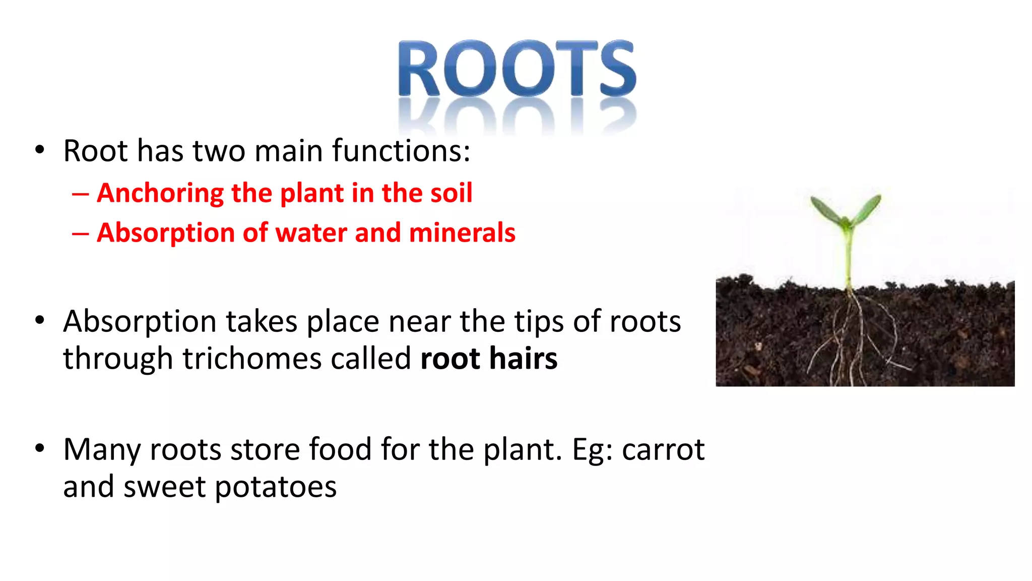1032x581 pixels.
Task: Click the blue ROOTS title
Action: [517, 69]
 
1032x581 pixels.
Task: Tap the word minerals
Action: [462, 233]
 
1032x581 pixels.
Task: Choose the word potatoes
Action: [276, 487]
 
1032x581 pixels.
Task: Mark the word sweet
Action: [164, 487]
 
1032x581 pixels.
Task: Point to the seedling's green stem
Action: [849, 257]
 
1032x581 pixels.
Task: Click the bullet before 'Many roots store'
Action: [40, 448]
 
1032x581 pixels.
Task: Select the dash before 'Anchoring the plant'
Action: [80, 194]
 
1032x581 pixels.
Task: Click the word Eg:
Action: [593, 449]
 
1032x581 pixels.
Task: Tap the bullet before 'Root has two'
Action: [40, 150]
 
